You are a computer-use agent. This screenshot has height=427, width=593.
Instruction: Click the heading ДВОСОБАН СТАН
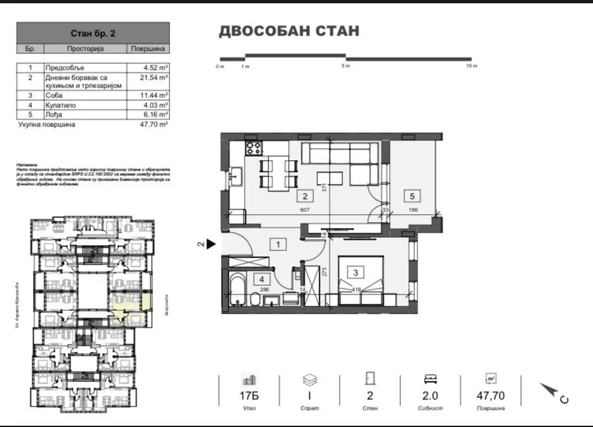pos(289,31)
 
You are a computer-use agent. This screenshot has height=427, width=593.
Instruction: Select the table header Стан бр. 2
pos(92,32)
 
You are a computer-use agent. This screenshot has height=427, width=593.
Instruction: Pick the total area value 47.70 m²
pos(155,124)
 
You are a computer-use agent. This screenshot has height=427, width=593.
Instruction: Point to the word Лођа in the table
pos(53,114)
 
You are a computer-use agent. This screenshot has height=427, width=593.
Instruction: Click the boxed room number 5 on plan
pos(412,196)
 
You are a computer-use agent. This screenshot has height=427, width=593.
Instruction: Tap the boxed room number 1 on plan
pos(279,245)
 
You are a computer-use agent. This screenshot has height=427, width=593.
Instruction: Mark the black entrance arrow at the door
pos(210,244)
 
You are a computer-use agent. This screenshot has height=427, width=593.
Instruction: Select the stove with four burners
pos(253,148)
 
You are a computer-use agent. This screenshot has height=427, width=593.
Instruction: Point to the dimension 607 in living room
pos(305,210)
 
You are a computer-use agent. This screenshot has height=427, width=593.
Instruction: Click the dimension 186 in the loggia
pos(412,210)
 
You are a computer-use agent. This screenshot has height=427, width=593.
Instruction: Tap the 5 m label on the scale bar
pos(345,67)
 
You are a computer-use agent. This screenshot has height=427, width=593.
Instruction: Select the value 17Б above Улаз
pos(249,396)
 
